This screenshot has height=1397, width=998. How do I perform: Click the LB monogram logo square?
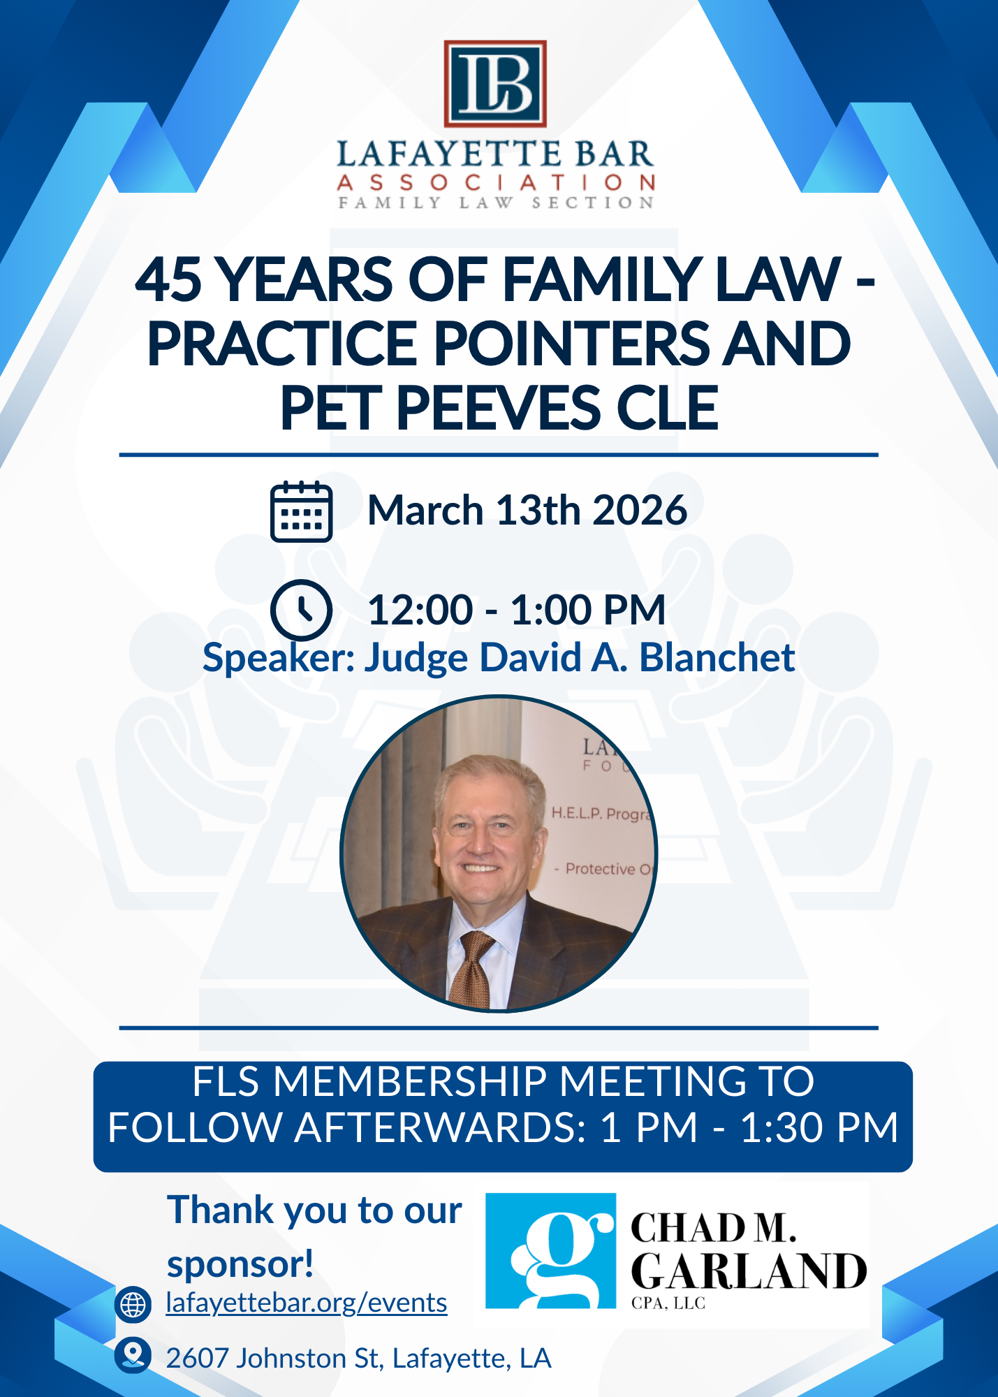495,84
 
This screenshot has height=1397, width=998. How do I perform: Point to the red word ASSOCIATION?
496,183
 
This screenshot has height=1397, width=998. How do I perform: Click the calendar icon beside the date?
301,511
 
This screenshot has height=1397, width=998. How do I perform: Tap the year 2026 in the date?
640,510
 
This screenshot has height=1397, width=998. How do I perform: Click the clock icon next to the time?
301,610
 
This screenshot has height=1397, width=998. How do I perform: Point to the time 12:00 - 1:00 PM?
517,610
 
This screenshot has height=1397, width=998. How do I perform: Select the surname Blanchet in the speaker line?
717,657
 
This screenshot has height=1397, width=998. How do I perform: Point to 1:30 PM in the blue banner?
819,1127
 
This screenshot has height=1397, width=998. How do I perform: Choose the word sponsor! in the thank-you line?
240,1264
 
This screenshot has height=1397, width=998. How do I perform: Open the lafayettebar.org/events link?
307,1303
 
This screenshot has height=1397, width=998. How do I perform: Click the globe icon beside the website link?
133,1304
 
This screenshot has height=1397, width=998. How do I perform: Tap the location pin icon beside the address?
133,1356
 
